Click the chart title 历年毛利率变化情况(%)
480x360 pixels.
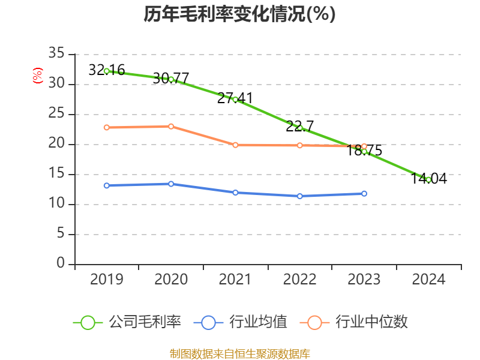[239, 14]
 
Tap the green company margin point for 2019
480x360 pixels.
[107, 71]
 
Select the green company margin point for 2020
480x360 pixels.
[171, 79]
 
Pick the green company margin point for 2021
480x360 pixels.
[235, 99]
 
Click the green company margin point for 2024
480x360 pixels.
[428, 179]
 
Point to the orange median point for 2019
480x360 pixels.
[107, 127]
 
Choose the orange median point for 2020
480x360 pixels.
[171, 126]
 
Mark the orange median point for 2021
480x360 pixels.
[235, 145]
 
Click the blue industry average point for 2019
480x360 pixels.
[107, 185]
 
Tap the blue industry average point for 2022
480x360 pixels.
[300, 196]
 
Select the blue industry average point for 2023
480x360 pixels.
[364, 193]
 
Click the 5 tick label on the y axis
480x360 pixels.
[60, 234]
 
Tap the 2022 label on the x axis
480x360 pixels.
[300, 280]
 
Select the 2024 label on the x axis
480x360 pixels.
[428, 280]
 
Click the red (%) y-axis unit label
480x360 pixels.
[38, 76]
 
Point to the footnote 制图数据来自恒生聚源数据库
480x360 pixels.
[239, 353]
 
